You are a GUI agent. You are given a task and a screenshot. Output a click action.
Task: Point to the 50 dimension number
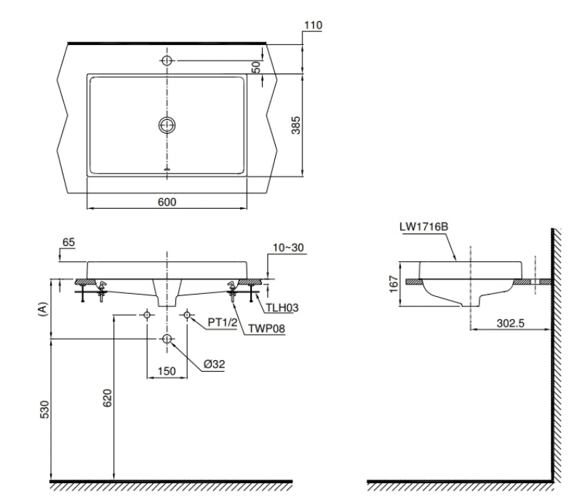click(256, 66)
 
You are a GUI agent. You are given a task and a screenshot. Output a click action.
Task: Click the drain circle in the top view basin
click(167, 125)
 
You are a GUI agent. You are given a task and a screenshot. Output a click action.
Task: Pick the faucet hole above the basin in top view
click(167, 60)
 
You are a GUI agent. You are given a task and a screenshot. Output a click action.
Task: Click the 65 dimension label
click(68, 241)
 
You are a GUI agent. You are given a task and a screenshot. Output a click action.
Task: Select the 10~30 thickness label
click(290, 248)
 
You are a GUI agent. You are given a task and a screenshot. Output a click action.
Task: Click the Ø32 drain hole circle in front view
click(167, 339)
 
